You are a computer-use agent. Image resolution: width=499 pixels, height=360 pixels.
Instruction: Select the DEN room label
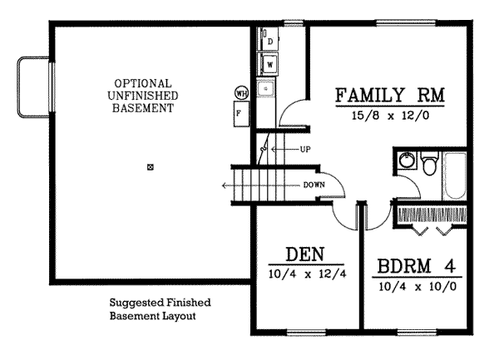304,254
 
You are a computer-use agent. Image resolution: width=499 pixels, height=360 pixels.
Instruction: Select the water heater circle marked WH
242,92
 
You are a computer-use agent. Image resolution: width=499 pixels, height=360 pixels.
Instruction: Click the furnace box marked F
240,112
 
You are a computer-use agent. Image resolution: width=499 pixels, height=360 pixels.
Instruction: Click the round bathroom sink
406,160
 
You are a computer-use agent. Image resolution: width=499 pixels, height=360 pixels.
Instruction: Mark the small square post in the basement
151,167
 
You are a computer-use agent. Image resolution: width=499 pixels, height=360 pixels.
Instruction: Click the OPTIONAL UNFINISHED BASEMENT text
144,96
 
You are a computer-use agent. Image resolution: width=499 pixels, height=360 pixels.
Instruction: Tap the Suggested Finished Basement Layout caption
161,310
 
